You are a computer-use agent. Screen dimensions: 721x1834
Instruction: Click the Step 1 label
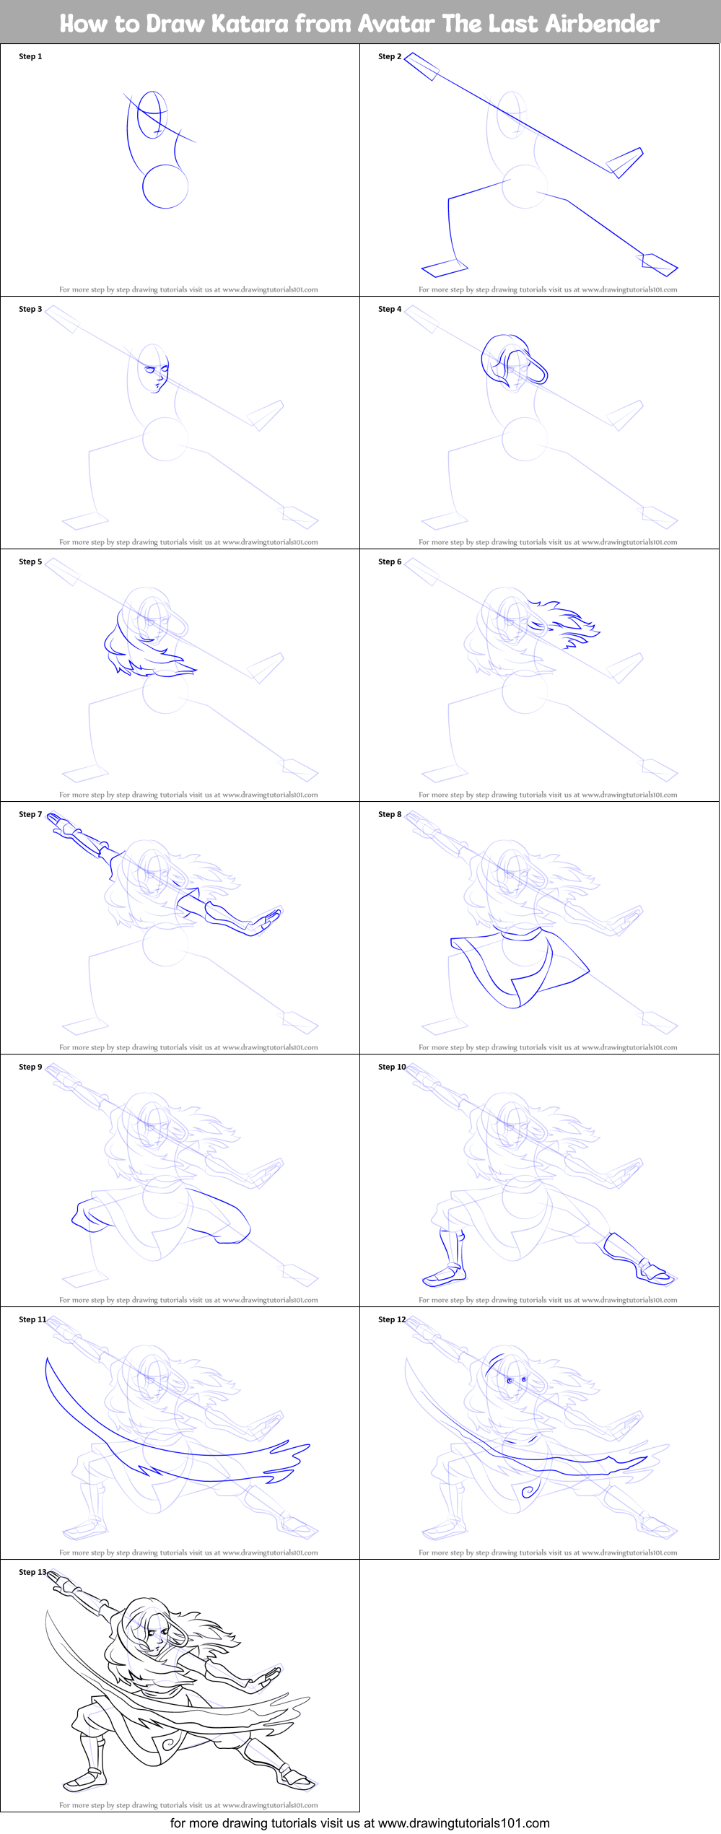[30, 56]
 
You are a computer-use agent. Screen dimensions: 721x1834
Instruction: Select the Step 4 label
[390, 309]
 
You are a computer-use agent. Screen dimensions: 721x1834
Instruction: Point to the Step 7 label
[30, 814]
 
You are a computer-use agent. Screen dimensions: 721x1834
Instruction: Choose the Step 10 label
[392, 1067]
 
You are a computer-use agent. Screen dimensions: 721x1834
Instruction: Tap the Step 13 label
[32, 1572]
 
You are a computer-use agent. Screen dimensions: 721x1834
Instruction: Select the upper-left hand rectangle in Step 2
[421, 66]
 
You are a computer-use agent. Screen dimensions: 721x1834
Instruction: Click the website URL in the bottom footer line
[464, 1823]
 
